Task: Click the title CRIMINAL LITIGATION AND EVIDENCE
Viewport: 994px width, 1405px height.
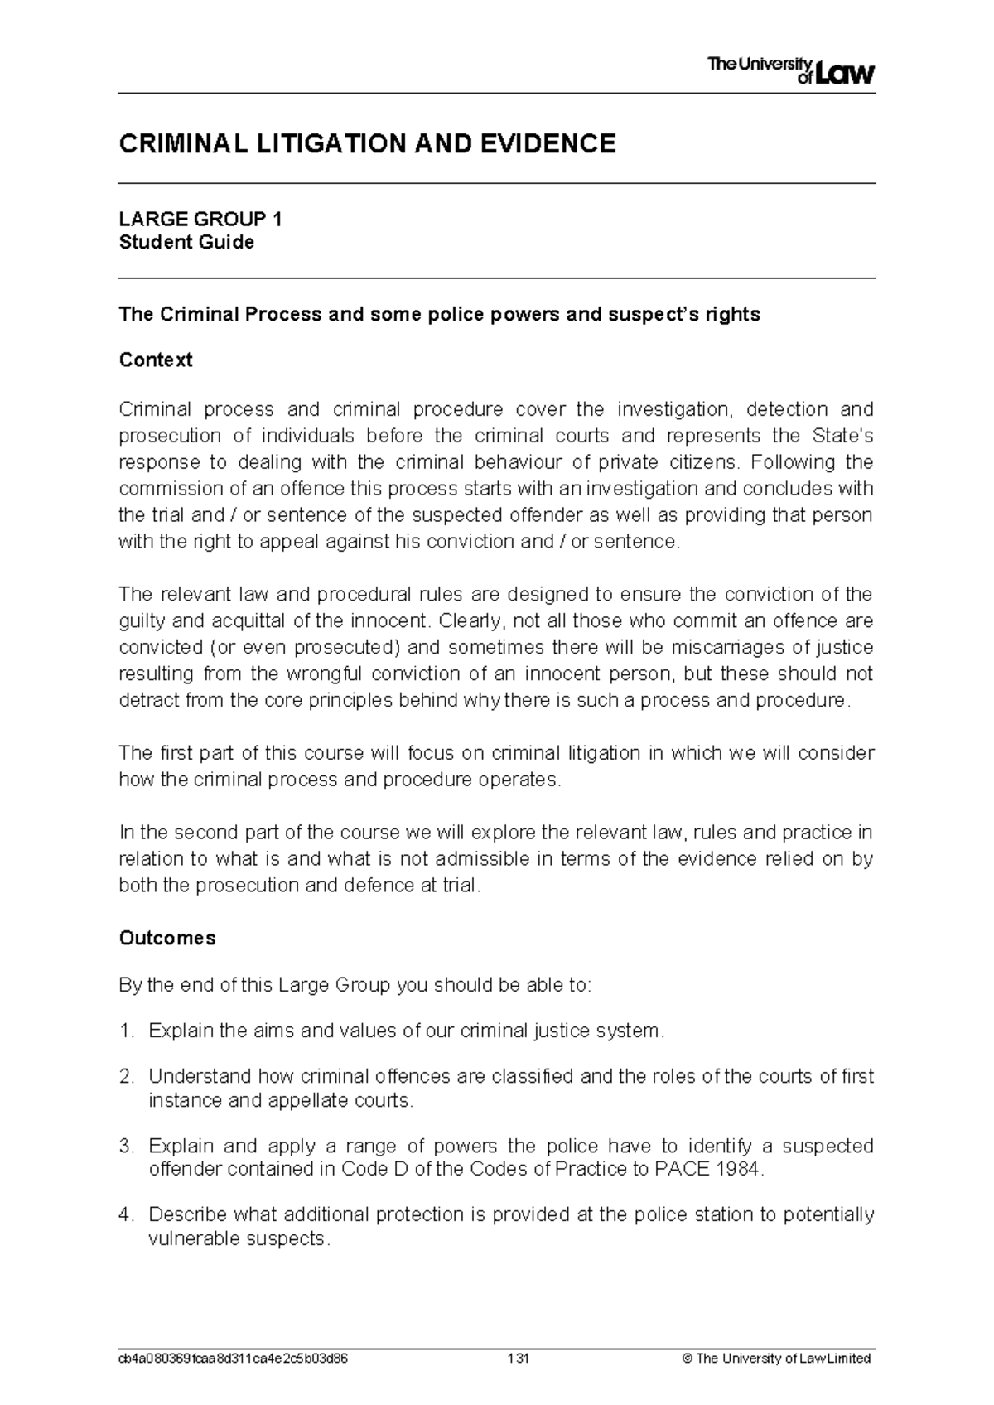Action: pyautogui.click(x=367, y=144)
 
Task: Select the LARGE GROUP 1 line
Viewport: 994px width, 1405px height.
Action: pyautogui.click(x=200, y=220)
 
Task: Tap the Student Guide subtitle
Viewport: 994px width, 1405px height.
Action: pyautogui.click(x=186, y=243)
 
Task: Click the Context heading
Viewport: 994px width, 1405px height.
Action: pyautogui.click(x=156, y=360)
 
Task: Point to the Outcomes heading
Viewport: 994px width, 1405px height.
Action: pyautogui.click(x=167, y=938)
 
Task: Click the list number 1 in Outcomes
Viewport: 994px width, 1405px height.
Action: pyautogui.click(x=126, y=1031)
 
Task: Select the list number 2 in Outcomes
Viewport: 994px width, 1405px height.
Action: pyautogui.click(x=126, y=1077)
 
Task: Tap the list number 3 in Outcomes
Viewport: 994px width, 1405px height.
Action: pyautogui.click(x=126, y=1147)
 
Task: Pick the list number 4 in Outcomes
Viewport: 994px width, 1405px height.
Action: pyautogui.click(x=126, y=1215)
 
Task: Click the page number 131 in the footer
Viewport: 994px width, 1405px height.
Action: pyautogui.click(x=519, y=1359)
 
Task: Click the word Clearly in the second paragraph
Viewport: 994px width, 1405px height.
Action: pyautogui.click(x=470, y=620)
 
